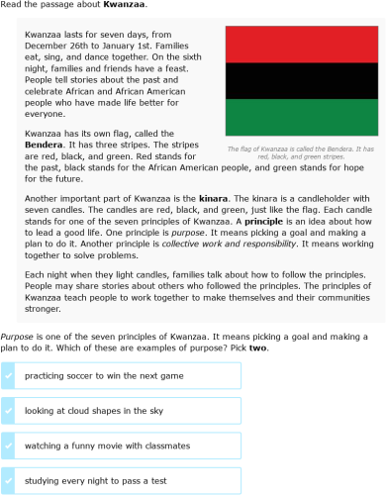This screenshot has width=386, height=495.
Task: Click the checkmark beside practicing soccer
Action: coord(8,376)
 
